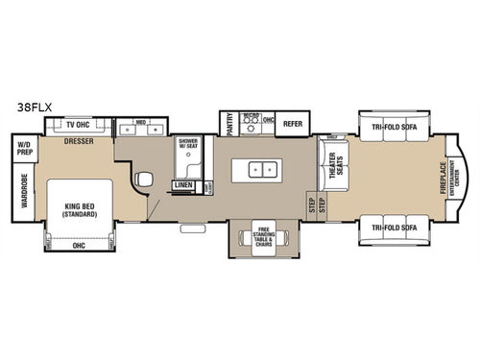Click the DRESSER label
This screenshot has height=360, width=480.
pos(79,141)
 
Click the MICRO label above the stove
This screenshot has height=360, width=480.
pos(250,117)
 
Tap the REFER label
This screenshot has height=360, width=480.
pos(294,124)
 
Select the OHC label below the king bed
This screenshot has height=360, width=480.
pos(79,245)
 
